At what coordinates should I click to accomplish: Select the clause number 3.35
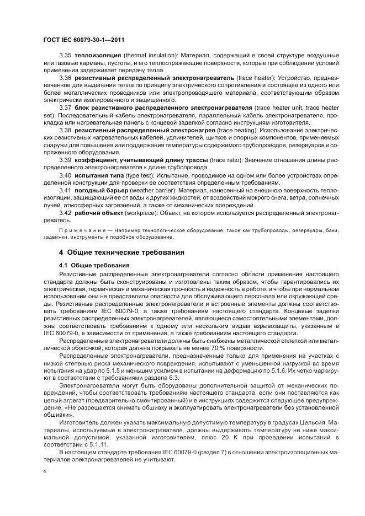[66, 56]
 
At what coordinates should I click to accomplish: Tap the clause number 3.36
[66, 78]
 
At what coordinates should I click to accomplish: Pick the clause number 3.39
[66, 159]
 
